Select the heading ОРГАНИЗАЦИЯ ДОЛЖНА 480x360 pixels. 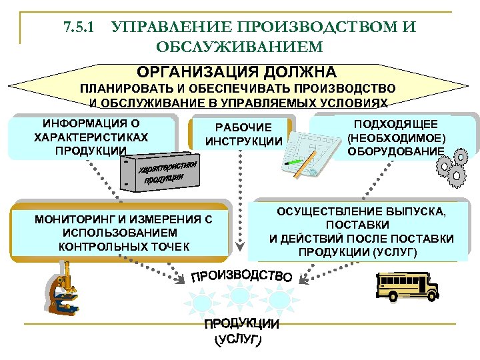coord(237,71)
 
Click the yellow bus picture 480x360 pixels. coord(407,287)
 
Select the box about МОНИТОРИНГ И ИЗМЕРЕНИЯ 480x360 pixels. coord(124,232)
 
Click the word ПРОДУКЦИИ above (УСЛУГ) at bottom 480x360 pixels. coord(241,325)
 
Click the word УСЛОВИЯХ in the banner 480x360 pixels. coord(353,103)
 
